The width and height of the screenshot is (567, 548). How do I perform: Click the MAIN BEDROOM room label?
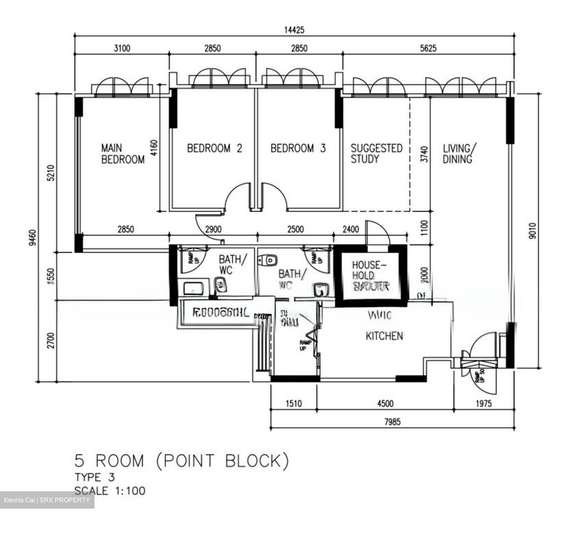pyautogui.click(x=122, y=154)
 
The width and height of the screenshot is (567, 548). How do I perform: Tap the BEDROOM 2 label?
pyautogui.click(x=214, y=149)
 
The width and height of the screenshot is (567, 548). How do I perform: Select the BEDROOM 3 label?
pyautogui.click(x=298, y=149)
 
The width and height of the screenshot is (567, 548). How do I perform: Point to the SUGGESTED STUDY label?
pyautogui.click(x=376, y=154)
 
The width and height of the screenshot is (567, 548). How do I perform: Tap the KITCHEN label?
pyautogui.click(x=384, y=336)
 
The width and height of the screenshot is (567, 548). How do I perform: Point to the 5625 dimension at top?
pyautogui.click(x=428, y=48)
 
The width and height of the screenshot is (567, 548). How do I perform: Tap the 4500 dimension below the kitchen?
pyautogui.click(x=385, y=403)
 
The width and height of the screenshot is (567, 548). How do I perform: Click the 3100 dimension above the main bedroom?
pyautogui.click(x=122, y=48)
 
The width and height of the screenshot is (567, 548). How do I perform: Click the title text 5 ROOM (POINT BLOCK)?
pyautogui.click(x=182, y=461)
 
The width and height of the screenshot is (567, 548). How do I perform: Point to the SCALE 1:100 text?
pyautogui.click(x=110, y=491)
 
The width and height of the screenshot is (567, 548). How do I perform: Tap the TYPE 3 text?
pyautogui.click(x=94, y=477)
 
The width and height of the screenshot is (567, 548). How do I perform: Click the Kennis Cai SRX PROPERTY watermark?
pyautogui.click(x=47, y=500)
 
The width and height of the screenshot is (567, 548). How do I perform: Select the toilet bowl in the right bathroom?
pyautogui.click(x=269, y=260)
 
